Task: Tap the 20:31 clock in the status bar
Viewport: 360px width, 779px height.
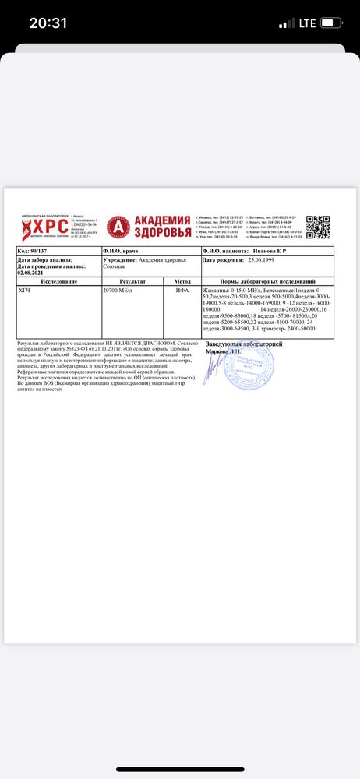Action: click(48, 23)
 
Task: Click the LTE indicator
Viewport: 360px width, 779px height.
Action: click(306, 23)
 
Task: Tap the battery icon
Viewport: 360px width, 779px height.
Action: click(334, 23)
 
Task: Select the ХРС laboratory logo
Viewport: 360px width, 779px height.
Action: click(44, 227)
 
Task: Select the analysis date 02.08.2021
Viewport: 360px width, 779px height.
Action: click(33, 273)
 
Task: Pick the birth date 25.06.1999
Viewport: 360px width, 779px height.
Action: click(266, 260)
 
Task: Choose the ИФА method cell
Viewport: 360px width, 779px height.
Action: click(181, 289)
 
